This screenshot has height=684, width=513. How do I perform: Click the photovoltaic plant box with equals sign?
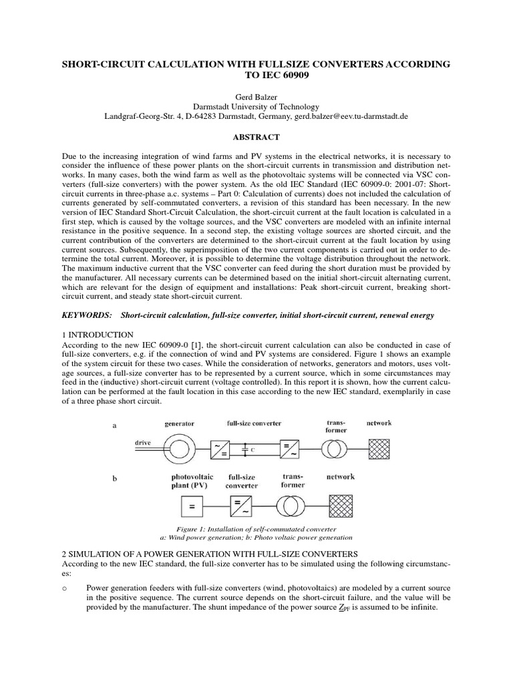pos(191,508)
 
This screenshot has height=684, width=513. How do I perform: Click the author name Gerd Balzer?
pos(256,97)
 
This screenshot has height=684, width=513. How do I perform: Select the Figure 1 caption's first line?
pos(256,528)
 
